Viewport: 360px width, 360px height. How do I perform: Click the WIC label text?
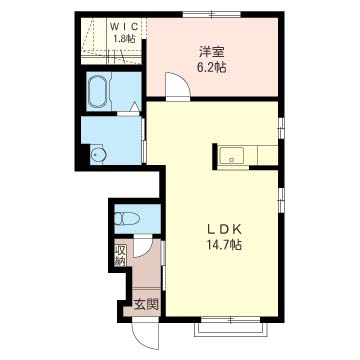(x=124, y=26)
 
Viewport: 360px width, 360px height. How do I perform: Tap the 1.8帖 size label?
(x=124, y=38)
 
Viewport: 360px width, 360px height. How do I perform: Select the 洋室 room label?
(x=212, y=52)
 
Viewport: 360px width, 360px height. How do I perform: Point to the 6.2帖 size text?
(x=212, y=68)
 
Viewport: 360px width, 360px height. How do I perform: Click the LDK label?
(x=224, y=229)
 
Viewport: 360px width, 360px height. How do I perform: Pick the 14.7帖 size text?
(x=224, y=245)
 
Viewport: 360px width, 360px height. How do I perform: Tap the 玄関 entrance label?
(x=145, y=304)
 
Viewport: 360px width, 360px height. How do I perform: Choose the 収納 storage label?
(x=119, y=256)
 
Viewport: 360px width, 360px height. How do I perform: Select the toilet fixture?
(x=127, y=218)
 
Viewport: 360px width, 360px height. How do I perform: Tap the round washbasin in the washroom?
(x=99, y=154)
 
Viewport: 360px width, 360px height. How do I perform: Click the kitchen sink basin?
(x=231, y=155)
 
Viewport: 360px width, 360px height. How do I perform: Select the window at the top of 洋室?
(x=212, y=14)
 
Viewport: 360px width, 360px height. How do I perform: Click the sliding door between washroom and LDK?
(x=144, y=140)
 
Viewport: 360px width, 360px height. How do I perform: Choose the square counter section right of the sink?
(x=268, y=155)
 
